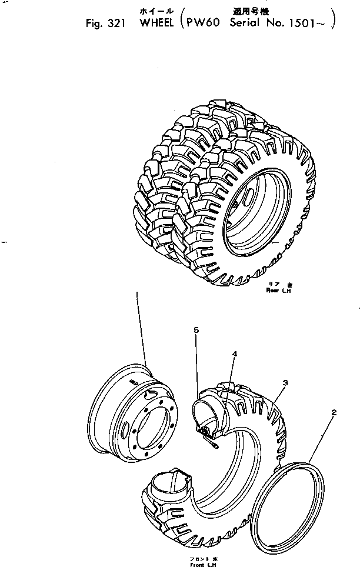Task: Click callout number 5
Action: (196, 331)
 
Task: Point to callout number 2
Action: (334, 412)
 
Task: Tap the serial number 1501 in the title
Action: (311, 25)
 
